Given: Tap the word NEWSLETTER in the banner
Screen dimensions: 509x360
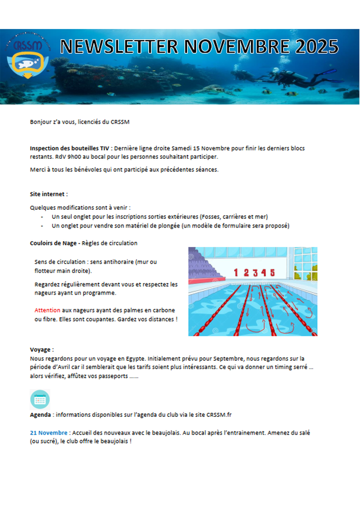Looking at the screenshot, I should (x=119, y=47).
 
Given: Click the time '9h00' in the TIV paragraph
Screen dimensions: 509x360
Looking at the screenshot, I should (x=78, y=156).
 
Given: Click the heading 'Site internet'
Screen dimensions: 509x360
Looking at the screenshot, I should (x=48, y=194).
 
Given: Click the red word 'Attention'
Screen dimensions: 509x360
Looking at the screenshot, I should (x=47, y=310).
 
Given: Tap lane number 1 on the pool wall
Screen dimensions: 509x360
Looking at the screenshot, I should (x=236, y=273).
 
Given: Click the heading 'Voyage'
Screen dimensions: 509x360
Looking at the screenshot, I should (x=41, y=350).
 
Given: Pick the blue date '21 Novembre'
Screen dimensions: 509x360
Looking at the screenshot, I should (x=48, y=433).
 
